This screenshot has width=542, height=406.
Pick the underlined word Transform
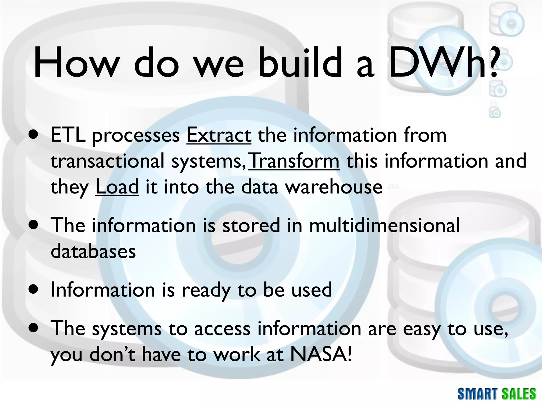[x=294, y=161]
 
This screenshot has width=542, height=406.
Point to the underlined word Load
[x=117, y=187]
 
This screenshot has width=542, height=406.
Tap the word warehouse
[x=334, y=187]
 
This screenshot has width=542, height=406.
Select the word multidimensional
[x=384, y=225]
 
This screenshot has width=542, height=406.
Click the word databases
[x=93, y=251]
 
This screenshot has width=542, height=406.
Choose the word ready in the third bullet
[x=206, y=290]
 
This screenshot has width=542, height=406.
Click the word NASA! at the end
[x=321, y=354]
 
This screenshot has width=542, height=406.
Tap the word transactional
[x=107, y=161]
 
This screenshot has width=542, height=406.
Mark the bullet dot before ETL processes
[x=34, y=136]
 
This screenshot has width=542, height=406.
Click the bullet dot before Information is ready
[x=34, y=290]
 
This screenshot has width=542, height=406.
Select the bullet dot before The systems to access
[x=34, y=329]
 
